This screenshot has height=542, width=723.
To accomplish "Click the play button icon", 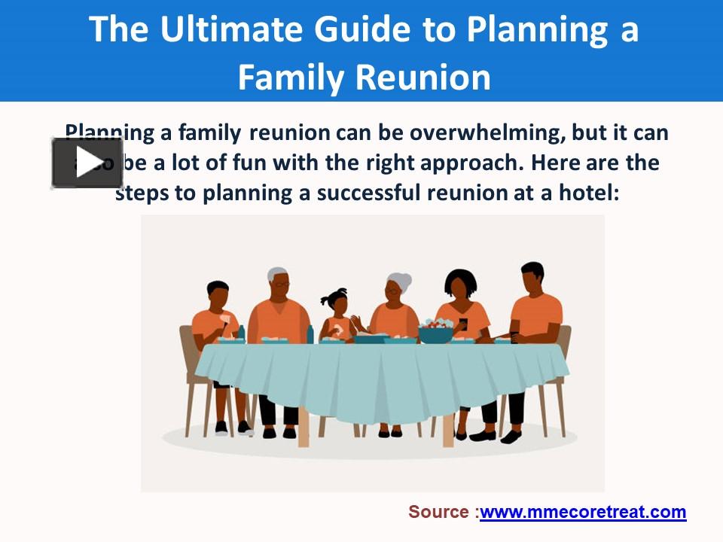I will pos(87,163).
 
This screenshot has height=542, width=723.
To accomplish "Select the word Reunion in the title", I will pos(422,77).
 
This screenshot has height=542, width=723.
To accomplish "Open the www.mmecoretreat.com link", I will pos(582,513).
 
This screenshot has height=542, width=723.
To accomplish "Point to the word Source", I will pos(439,513).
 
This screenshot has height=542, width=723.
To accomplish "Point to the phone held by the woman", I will pos(464,325).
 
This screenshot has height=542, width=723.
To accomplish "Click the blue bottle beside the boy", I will pos(242,333).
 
